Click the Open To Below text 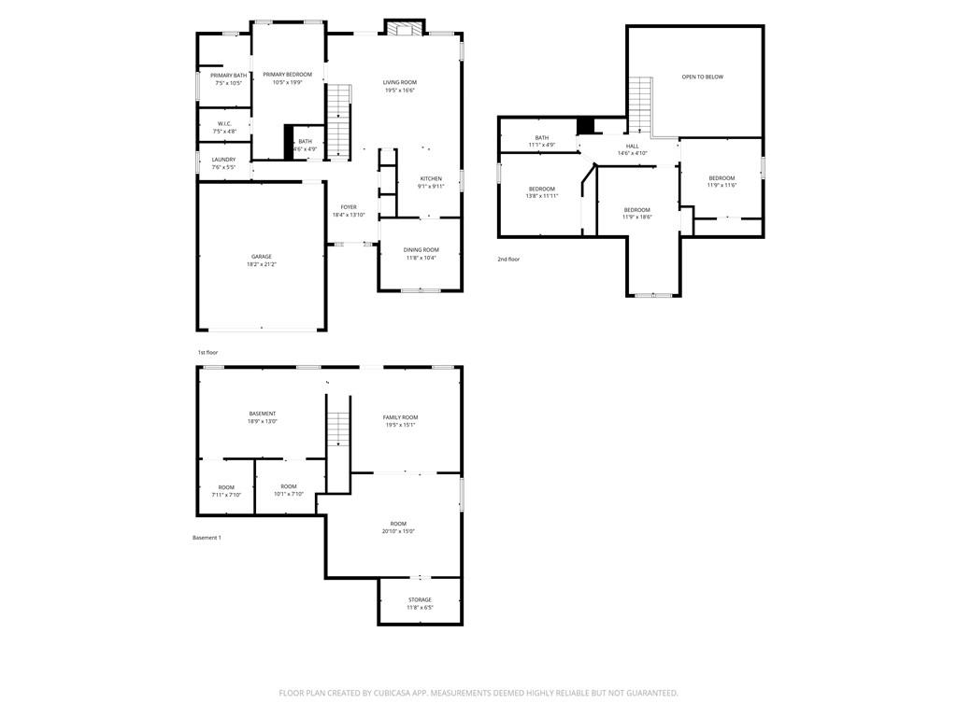tap(702, 77)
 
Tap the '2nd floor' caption tap(508, 259)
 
